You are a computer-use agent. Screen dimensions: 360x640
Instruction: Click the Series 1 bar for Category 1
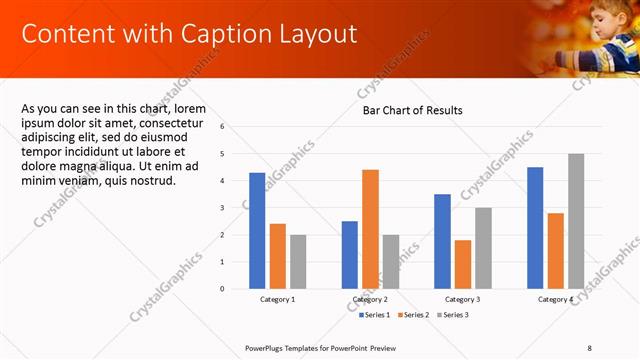[x=257, y=230]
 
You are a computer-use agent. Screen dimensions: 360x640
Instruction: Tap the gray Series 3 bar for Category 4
[x=576, y=221]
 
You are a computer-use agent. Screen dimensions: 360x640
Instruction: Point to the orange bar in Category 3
[x=462, y=264]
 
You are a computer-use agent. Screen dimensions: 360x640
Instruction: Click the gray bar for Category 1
[x=298, y=261]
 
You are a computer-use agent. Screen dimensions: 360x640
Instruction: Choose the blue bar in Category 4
[x=535, y=227]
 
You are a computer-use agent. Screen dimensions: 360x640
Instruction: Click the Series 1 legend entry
[x=375, y=315]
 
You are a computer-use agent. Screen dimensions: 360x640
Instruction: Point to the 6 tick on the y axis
[x=236, y=127]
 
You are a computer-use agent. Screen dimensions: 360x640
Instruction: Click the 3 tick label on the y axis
[x=236, y=208]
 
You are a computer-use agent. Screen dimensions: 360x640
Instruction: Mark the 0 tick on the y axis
[x=236, y=289]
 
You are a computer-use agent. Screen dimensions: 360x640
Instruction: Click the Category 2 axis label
[x=370, y=300]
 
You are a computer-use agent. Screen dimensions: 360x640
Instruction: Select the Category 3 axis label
[x=462, y=300]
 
